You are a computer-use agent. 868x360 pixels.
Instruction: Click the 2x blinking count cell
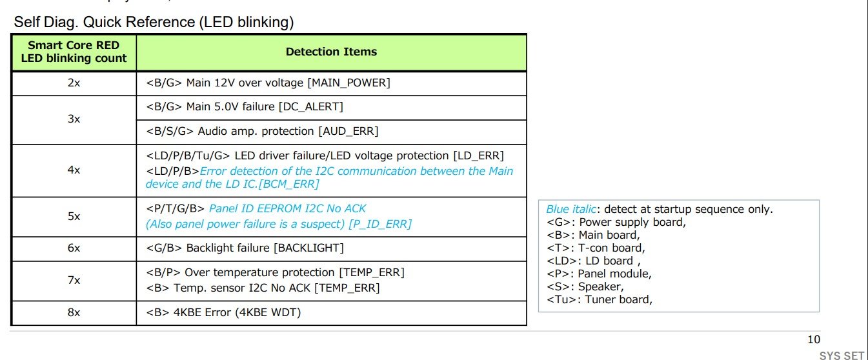74,83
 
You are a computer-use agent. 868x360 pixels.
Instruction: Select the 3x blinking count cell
74,119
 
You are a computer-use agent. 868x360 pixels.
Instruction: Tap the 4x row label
74,170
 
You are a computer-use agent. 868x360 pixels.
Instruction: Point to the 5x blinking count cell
74,216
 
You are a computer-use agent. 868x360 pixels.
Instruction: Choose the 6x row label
74,248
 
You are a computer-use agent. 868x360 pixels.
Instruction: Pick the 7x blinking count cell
74,280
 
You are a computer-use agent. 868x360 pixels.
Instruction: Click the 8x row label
74,313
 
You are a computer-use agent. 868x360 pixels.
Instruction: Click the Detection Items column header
331,52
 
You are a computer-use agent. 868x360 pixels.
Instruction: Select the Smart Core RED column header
74,52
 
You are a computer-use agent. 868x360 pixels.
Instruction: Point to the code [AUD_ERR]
348,131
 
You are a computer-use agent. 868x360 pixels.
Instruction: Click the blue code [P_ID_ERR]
380,224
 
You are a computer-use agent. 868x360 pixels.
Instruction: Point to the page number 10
814,340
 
